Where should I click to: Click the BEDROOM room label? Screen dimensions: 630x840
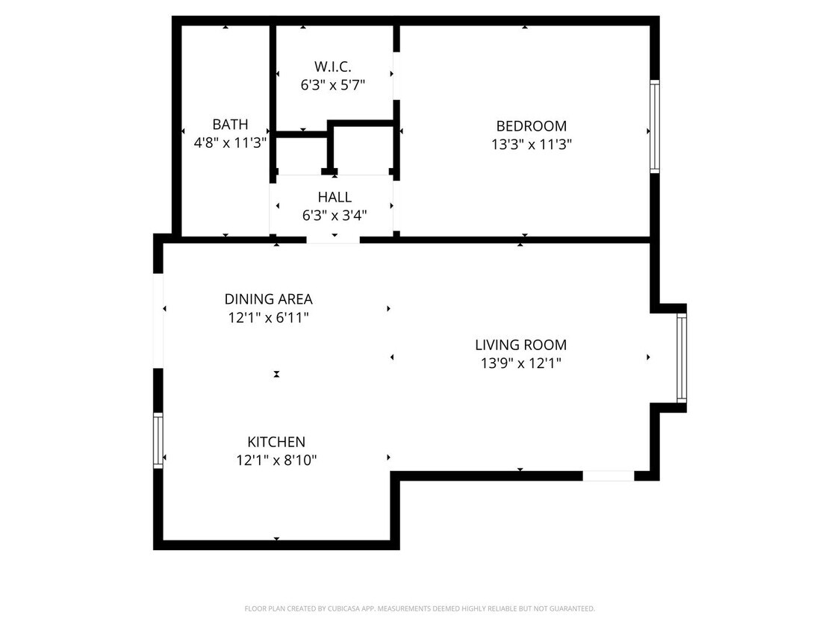pyautogui.click(x=531, y=126)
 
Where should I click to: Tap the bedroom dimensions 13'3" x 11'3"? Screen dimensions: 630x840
pyautogui.click(x=531, y=145)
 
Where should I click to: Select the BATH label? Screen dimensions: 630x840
pyautogui.click(x=230, y=125)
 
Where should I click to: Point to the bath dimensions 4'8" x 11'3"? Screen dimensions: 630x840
pyautogui.click(x=230, y=143)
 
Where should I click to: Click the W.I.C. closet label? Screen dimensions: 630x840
pyautogui.click(x=333, y=67)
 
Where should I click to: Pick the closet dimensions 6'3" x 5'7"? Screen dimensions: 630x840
pyautogui.click(x=333, y=85)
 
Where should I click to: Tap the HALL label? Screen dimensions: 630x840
pyautogui.click(x=334, y=198)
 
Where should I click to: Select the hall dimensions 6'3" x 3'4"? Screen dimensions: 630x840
pyautogui.click(x=334, y=216)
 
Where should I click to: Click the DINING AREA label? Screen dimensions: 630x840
pyautogui.click(x=268, y=299)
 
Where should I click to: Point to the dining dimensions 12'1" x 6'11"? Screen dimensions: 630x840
pyautogui.click(x=268, y=318)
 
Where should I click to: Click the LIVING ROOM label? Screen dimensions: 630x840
pyautogui.click(x=520, y=345)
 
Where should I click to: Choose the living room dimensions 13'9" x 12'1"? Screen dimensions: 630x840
pyautogui.click(x=520, y=364)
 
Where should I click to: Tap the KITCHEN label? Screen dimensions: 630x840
pyautogui.click(x=276, y=442)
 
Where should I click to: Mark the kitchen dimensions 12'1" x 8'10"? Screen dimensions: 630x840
pyautogui.click(x=276, y=461)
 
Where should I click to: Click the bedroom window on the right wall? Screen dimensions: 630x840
pyautogui.click(x=655, y=127)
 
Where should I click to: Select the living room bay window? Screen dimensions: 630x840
pyautogui.click(x=681, y=358)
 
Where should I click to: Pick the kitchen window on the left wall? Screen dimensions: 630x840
pyautogui.click(x=158, y=440)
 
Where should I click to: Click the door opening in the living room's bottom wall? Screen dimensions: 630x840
pyautogui.click(x=608, y=475)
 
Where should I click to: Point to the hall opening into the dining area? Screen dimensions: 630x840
pyautogui.click(x=333, y=240)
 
